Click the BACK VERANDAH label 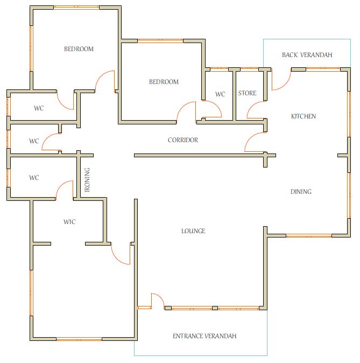coord(307,55)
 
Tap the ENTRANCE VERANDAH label coord(204,336)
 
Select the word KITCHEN coord(303,116)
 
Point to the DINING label coord(301,192)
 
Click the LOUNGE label coord(193,231)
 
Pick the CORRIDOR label coord(183,140)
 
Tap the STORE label coord(247,93)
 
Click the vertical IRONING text coord(87,180)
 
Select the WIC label coord(69,222)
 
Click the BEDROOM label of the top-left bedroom coord(79,49)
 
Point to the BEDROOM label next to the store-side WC coord(164,82)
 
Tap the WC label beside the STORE coord(220,94)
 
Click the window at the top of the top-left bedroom coord(76,8)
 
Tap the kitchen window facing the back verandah coord(323,69)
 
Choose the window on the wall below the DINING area coord(309,236)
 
